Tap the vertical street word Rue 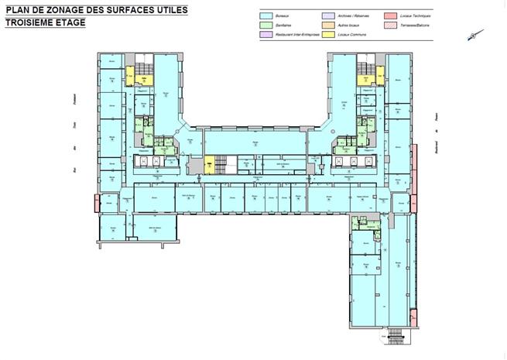(71, 169)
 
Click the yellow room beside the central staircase (208, 164)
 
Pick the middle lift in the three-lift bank (157, 161)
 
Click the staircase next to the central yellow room (223, 163)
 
